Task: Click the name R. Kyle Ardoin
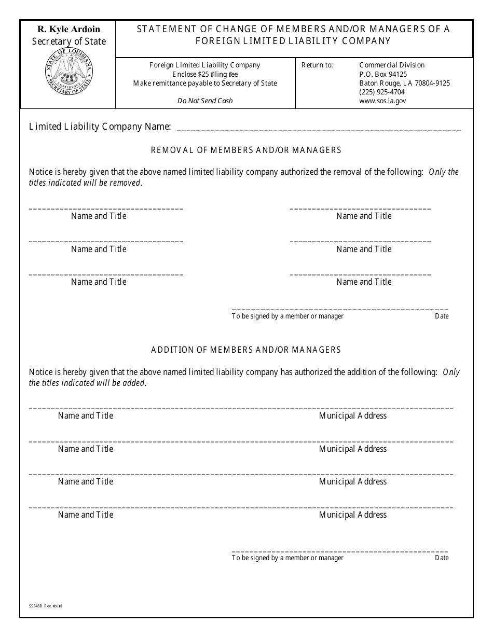69,30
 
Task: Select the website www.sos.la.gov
382,101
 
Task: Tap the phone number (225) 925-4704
382,92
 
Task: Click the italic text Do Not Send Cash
205,101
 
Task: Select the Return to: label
317,65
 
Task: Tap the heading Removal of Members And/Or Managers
246,150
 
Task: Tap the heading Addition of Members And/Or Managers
246,350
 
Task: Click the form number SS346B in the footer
36,605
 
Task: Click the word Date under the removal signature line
442,316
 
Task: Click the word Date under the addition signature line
442,558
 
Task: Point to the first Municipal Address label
352,415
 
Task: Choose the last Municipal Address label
352,515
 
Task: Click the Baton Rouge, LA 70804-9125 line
404,83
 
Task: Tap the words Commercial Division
392,65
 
